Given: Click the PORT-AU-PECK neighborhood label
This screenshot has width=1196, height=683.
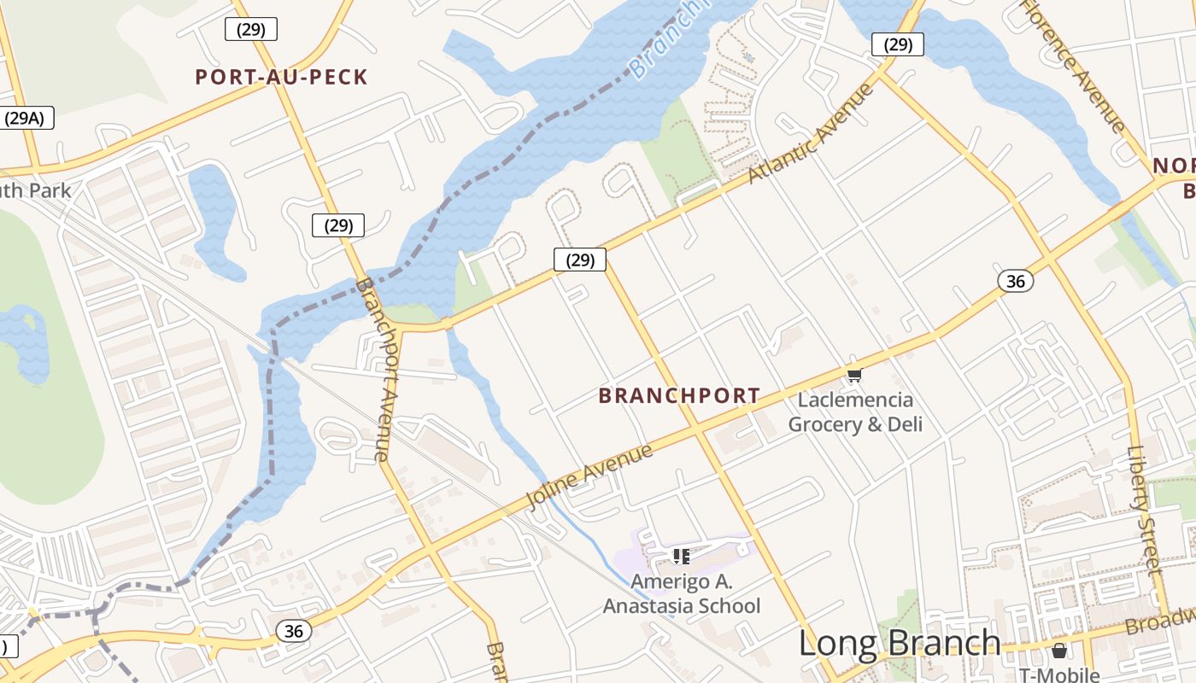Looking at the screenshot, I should click(281, 78).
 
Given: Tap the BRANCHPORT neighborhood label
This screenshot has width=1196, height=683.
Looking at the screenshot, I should click(679, 396).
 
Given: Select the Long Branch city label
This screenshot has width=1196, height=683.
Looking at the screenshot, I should click(900, 644).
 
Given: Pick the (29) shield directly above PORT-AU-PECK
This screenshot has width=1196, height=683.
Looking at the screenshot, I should click(251, 29).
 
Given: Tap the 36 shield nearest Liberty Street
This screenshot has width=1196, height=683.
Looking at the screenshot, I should click(1016, 280).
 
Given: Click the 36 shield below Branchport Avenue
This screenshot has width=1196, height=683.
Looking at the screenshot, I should click(293, 631).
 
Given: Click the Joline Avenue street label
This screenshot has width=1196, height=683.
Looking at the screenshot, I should click(589, 476).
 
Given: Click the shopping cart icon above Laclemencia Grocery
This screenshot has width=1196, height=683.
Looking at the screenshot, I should click(854, 374).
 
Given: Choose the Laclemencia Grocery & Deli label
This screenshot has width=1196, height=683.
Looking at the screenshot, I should click(855, 412).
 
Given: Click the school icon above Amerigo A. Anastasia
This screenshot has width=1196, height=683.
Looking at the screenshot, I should click(681, 557).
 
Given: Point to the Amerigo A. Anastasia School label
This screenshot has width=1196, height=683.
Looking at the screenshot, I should click(682, 594).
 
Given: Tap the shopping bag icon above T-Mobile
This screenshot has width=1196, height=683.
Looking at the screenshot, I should click(1059, 651).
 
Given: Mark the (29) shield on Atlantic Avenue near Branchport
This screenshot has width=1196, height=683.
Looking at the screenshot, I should click(580, 260).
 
